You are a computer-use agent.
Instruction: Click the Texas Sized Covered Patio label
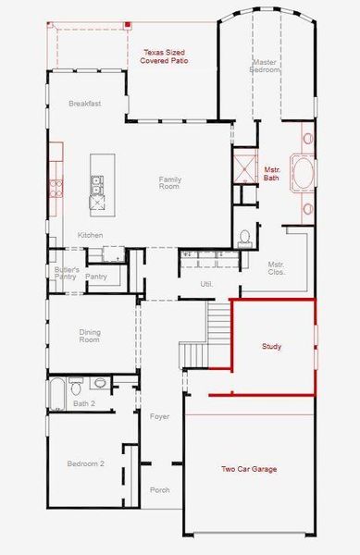(164, 56)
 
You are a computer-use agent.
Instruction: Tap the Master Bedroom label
(265, 67)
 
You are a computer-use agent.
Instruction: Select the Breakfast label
(84, 104)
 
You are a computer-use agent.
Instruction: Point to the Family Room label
(169, 183)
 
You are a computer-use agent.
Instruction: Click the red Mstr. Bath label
(271, 174)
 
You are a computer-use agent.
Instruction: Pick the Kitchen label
(90, 235)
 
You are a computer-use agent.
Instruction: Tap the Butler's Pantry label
(64, 273)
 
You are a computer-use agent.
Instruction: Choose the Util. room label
(206, 284)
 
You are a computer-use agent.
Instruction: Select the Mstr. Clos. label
(276, 268)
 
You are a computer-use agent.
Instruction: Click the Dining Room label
(89, 336)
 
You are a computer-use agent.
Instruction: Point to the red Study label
(271, 347)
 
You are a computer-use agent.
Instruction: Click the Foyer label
(159, 417)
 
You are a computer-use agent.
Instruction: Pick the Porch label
(159, 490)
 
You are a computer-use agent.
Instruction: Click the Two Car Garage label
(248, 469)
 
